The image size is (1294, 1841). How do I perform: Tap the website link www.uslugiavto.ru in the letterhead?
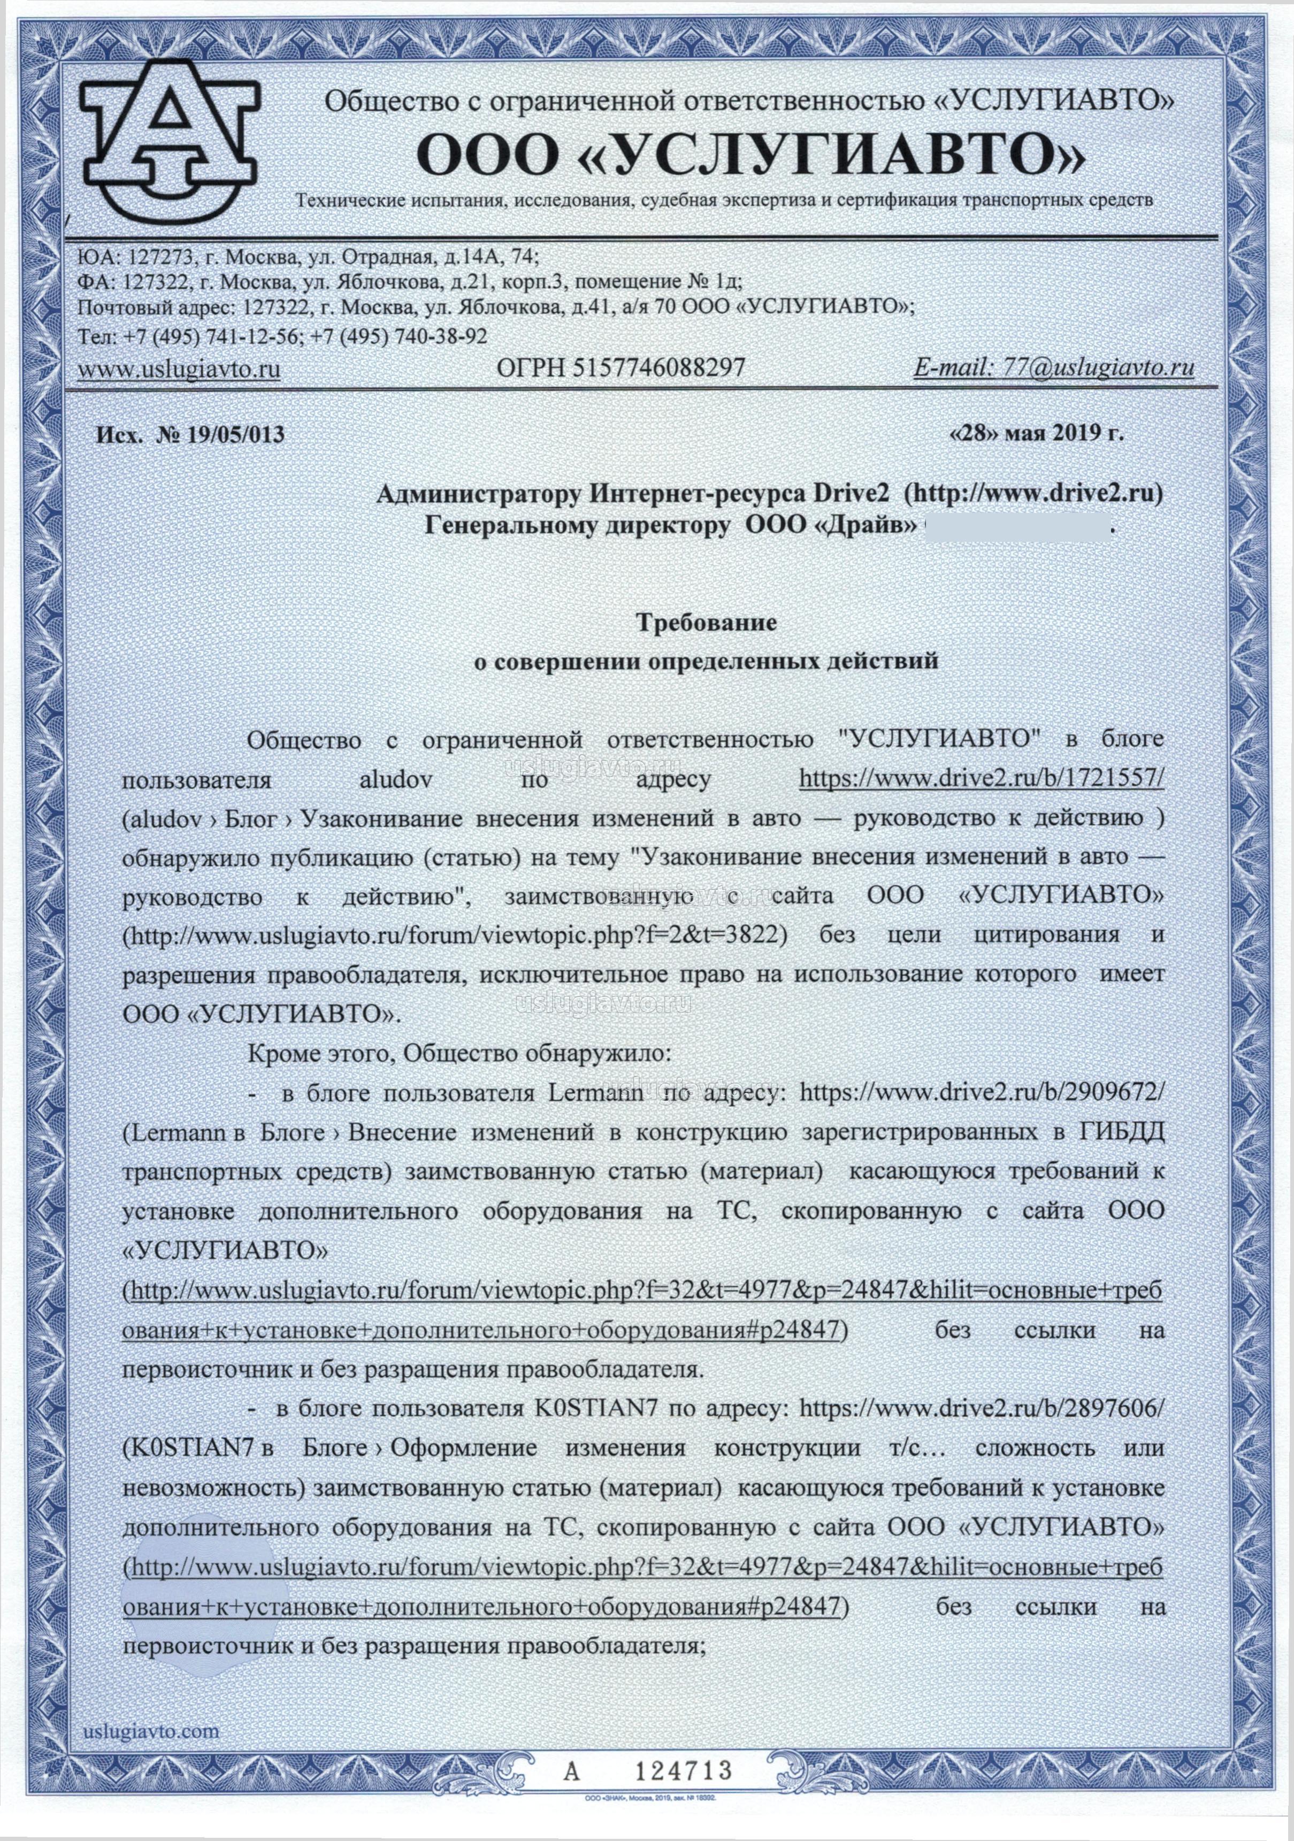(179, 370)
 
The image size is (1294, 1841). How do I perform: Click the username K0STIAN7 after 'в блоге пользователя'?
(595, 1409)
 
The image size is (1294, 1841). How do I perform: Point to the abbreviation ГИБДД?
(1121, 1132)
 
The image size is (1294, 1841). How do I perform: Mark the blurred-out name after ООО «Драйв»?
(1016, 527)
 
